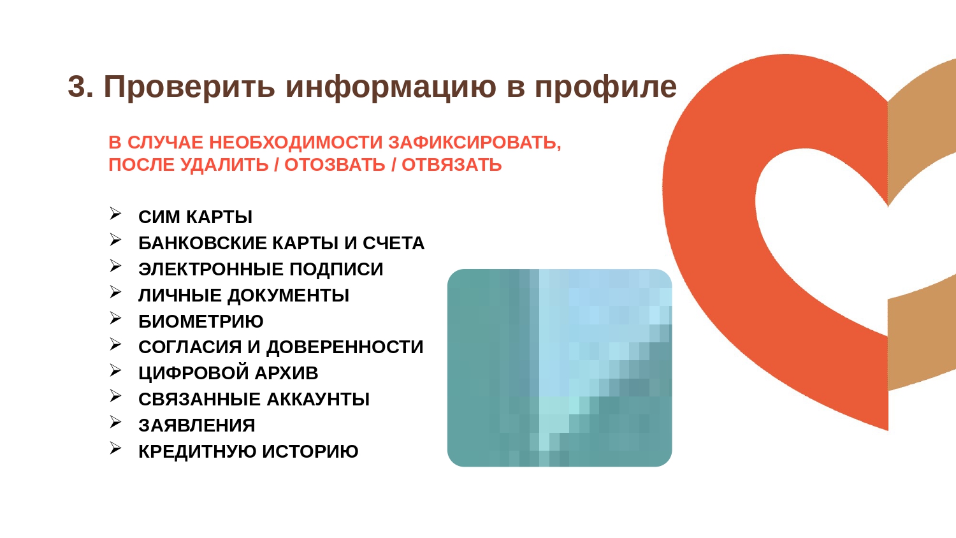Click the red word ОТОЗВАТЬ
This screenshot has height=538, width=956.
335,165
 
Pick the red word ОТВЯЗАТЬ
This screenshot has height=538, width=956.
451,165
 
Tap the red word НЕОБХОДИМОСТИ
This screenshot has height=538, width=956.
296,143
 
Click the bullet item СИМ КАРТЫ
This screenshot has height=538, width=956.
196,217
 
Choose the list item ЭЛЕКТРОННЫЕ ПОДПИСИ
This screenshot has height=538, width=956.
261,270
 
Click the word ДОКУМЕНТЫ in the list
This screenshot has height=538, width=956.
288,296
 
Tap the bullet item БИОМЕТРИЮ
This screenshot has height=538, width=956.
201,321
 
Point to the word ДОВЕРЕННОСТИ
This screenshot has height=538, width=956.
345,347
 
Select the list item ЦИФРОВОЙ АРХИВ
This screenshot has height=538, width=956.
228,373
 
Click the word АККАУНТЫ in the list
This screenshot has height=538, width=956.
318,399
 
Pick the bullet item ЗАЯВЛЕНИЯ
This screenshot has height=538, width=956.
197,425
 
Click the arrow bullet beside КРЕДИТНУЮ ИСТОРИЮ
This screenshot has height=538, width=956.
115,448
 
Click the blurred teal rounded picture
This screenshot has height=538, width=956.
560,368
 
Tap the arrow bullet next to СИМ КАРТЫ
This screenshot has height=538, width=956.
115,214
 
